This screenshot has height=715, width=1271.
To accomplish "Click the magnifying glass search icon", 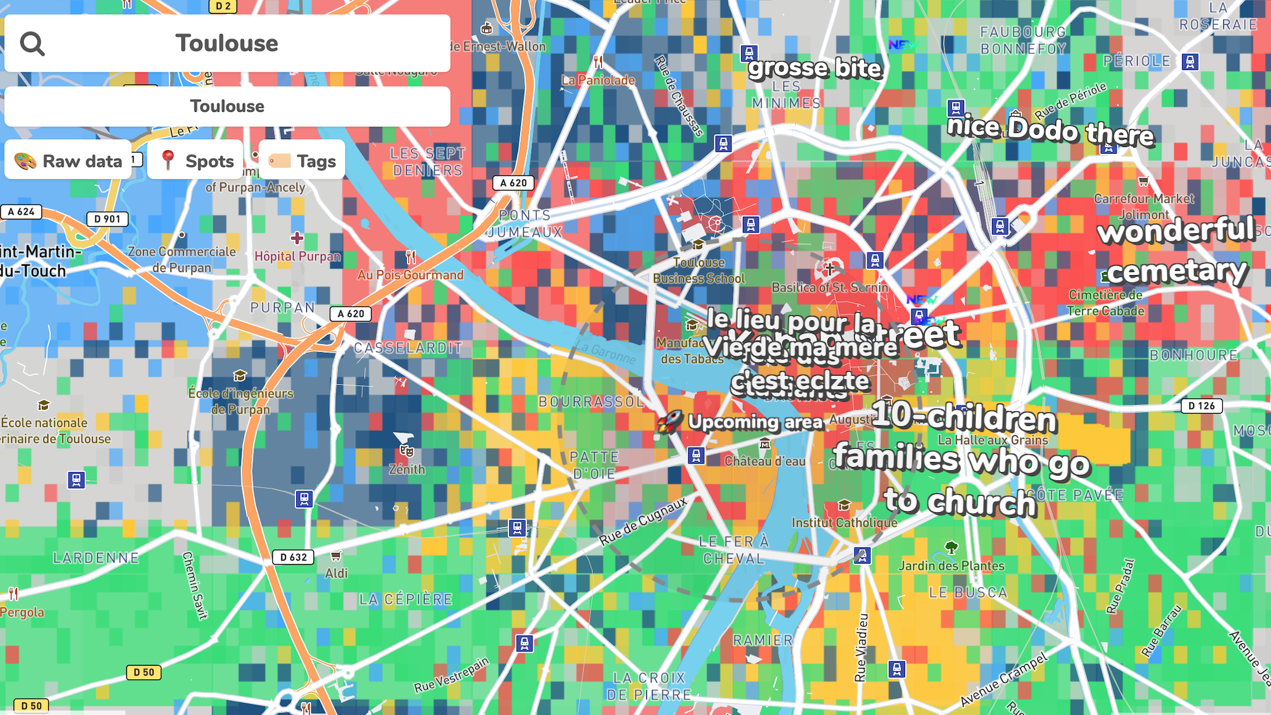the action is (32, 44).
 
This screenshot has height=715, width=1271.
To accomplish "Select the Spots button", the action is (196, 161).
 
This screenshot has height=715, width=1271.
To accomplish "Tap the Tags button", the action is (302, 161).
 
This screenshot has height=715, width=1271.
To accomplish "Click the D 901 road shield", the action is (107, 219).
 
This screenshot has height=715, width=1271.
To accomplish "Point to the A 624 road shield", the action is (22, 212).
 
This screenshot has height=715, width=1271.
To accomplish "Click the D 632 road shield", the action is (293, 557).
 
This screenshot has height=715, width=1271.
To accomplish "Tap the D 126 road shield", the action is (1201, 406).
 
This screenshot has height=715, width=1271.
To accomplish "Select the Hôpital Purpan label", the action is (297, 256).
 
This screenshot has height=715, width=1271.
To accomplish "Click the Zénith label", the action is (407, 469).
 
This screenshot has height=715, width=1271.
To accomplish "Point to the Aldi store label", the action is (336, 573).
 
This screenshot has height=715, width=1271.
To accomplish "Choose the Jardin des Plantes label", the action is (951, 566).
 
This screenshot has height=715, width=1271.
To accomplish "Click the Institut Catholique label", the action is (845, 522).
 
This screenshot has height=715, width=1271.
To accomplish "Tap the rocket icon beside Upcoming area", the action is (669, 421).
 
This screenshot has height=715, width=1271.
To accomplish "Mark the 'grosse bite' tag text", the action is (815, 69).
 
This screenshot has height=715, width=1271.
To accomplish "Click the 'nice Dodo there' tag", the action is (1050, 130).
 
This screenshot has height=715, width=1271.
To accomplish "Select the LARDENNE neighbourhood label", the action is (96, 558).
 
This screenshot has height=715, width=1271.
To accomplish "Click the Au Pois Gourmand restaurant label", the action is (411, 275).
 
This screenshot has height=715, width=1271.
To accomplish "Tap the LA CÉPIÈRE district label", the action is (405, 599).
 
